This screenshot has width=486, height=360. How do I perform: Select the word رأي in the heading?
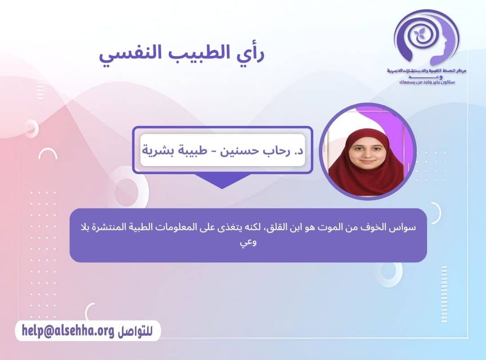[248, 55]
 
